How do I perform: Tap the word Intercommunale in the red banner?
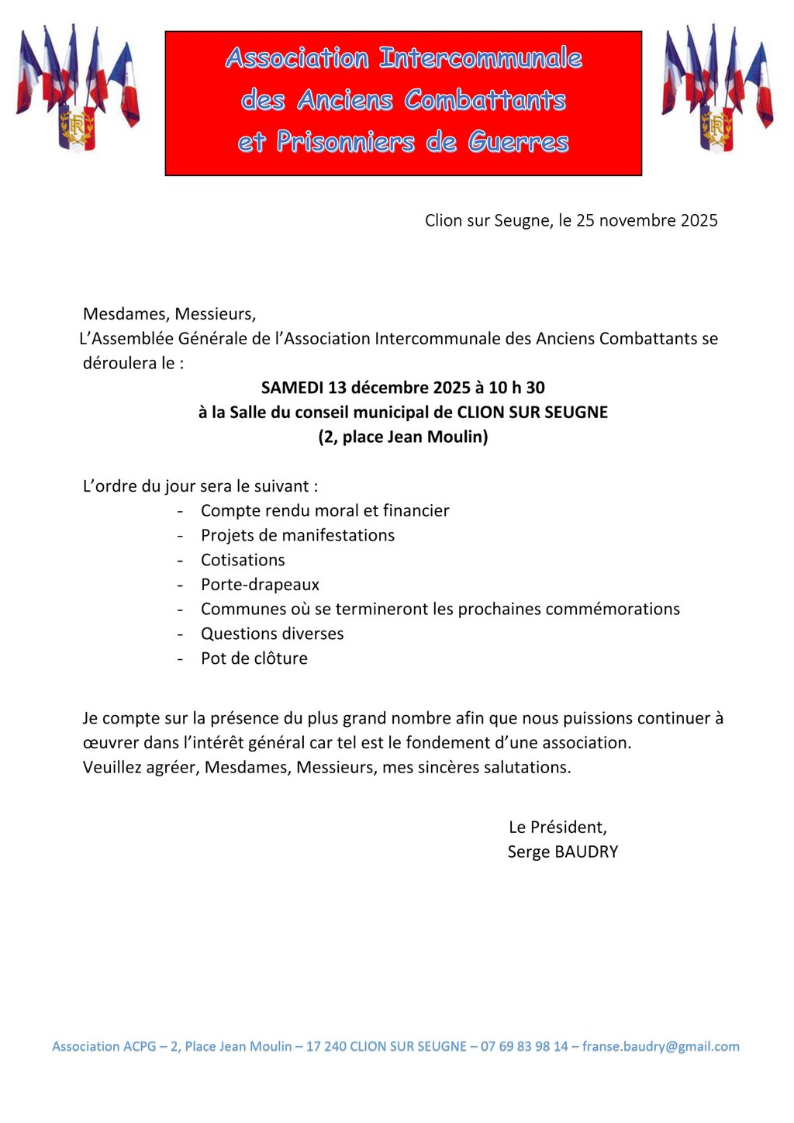click(x=480, y=58)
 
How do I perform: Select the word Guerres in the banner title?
click(x=518, y=142)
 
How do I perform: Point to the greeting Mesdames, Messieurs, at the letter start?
click(x=169, y=314)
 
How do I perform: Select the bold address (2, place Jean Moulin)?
click(x=403, y=437)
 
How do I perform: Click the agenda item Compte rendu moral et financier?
click(x=325, y=511)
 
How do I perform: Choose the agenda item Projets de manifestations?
click(x=298, y=536)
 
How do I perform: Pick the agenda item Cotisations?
click(x=243, y=560)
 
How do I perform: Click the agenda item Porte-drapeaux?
click(x=260, y=585)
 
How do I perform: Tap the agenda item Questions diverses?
click(x=272, y=634)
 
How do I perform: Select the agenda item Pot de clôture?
click(x=254, y=658)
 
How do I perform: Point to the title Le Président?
click(x=558, y=828)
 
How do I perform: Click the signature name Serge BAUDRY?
click(x=563, y=852)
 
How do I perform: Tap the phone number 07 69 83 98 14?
click(x=524, y=1047)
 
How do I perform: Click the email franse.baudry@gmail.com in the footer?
click(x=661, y=1047)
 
